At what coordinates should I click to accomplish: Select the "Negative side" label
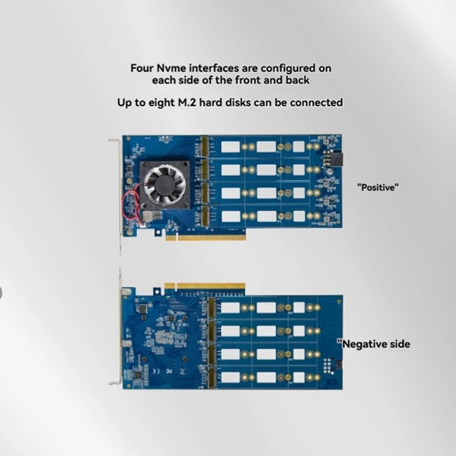click(374, 344)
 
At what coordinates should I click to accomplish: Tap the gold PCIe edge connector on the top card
click(205, 236)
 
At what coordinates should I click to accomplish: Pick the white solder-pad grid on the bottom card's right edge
click(328, 365)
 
